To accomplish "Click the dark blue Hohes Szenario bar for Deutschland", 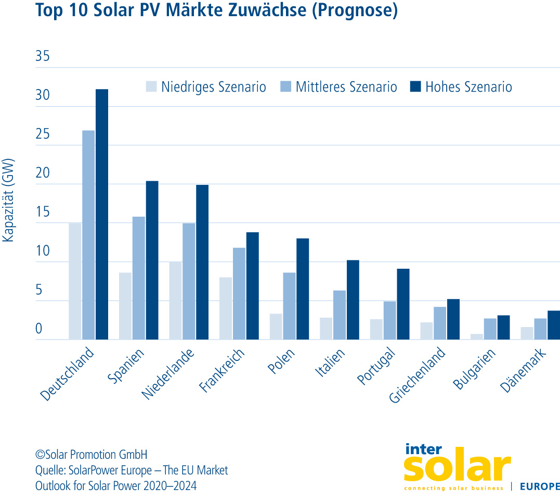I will [x=102, y=214].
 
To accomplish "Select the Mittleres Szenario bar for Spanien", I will [x=139, y=278].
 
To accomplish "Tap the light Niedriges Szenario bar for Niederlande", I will [x=175, y=300].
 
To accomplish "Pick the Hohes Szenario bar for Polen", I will [x=303, y=289].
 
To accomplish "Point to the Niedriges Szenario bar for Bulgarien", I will [x=477, y=336].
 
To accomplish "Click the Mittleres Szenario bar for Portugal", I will [x=390, y=320].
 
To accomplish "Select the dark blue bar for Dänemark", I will [x=554, y=325].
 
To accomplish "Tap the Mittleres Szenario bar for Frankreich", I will [x=239, y=294].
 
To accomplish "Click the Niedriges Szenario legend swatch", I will [x=151, y=86].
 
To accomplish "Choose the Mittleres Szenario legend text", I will [x=346, y=87].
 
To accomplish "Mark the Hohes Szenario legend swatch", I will [x=415, y=86].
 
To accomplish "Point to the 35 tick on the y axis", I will [x=43, y=57].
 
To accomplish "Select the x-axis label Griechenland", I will [x=418, y=375].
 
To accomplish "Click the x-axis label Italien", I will [x=330, y=364].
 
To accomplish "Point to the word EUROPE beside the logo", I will [x=539, y=487].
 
